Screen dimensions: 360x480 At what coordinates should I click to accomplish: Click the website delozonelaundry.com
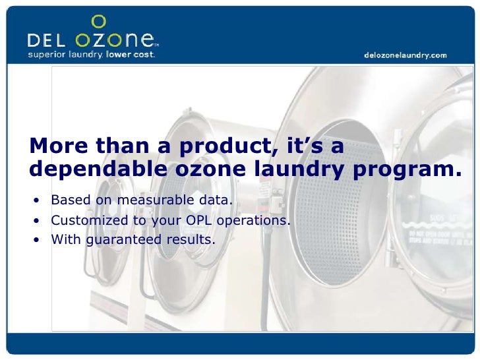(x=405, y=55)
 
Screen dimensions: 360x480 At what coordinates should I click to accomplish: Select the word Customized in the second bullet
(x=83, y=220)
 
